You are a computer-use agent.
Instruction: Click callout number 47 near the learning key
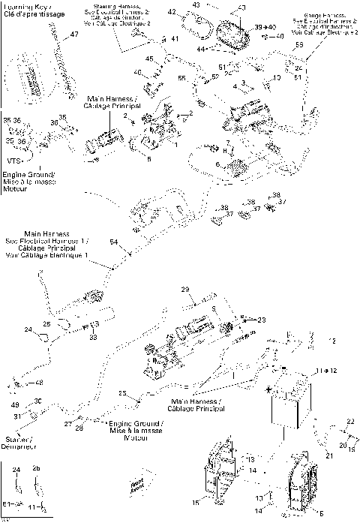(73, 35)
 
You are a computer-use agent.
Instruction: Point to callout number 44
(200, 49)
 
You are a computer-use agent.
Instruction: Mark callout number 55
(181, 78)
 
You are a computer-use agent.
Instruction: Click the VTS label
(13, 161)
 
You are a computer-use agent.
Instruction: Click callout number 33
(94, 338)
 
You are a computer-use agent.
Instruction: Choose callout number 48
(39, 383)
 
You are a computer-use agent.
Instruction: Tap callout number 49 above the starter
(15, 405)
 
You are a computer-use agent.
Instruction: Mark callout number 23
(261, 320)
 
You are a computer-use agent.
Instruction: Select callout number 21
(328, 455)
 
